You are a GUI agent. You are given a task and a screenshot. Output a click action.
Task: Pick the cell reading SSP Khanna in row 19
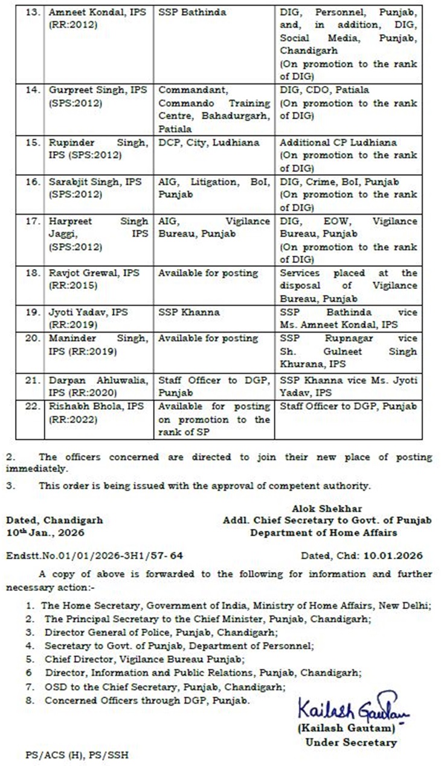point(188,312)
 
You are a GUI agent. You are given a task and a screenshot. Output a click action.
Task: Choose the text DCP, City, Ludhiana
point(209,143)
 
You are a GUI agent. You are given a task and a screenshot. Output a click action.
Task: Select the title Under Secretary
point(351,742)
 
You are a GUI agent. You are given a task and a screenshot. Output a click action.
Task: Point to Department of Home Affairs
point(324,533)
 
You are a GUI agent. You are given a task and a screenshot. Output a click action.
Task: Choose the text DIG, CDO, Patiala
point(324,90)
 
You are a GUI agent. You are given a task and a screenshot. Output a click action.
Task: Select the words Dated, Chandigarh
point(54,520)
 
